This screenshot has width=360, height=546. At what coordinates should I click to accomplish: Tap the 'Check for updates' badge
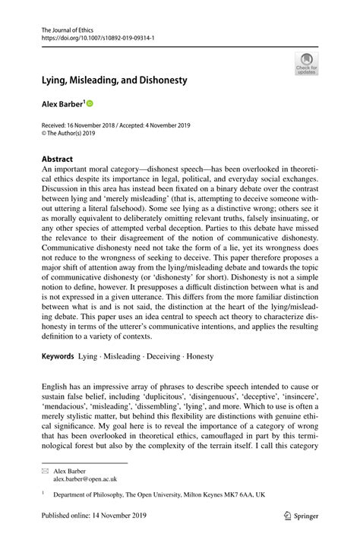pos(307,63)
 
